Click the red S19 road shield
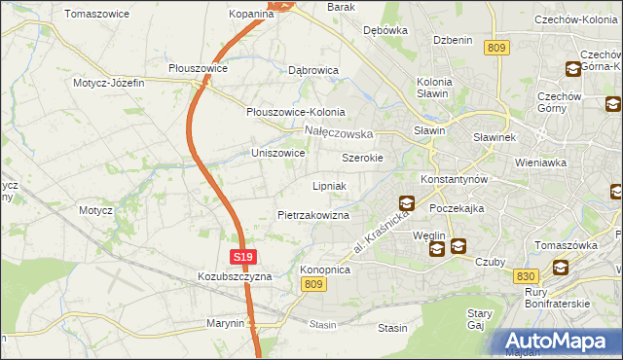click(243, 257)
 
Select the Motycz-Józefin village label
click(108, 83)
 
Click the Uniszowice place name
click(278, 154)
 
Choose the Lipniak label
click(329, 185)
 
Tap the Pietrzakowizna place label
click(312, 214)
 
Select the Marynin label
click(225, 322)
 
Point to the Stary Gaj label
click(480, 320)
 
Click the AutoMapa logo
click(558, 342)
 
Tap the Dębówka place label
click(385, 30)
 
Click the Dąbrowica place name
click(313, 71)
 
